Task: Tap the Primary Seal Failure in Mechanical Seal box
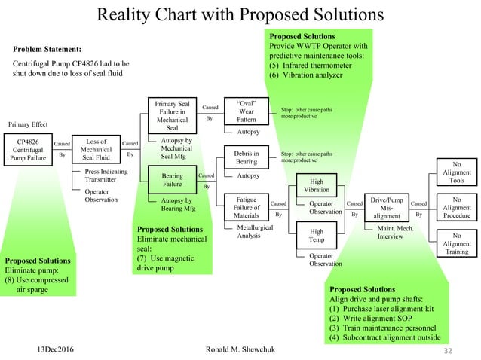point(173,115)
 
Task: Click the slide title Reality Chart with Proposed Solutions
point(240,14)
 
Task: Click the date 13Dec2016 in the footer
point(61,350)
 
